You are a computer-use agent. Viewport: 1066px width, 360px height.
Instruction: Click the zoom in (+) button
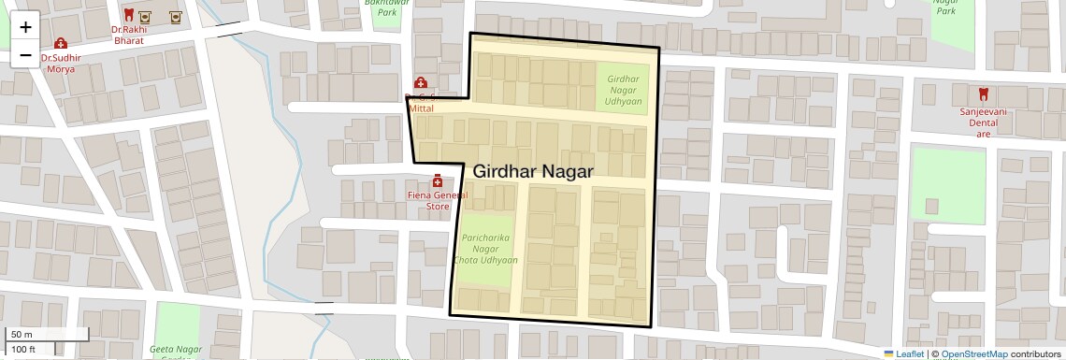tap(25, 27)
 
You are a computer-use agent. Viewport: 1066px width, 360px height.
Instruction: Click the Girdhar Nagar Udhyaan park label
tap(623, 90)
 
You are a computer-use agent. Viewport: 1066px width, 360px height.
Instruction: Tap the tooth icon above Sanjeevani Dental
tap(983, 94)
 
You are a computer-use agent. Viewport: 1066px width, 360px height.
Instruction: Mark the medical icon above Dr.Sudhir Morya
tap(61, 43)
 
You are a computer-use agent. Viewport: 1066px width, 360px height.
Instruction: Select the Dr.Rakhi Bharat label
tap(129, 36)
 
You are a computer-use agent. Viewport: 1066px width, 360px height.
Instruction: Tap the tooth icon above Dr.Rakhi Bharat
tap(129, 15)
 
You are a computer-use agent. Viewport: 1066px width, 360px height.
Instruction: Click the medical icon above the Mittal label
tap(420, 83)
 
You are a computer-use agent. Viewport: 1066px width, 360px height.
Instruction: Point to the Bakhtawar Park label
tap(387, 7)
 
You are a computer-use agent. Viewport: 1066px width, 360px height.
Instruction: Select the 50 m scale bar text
tap(22, 335)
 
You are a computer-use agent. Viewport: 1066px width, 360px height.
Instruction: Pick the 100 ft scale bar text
tap(24, 350)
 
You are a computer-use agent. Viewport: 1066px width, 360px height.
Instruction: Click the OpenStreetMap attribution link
tap(973, 354)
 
